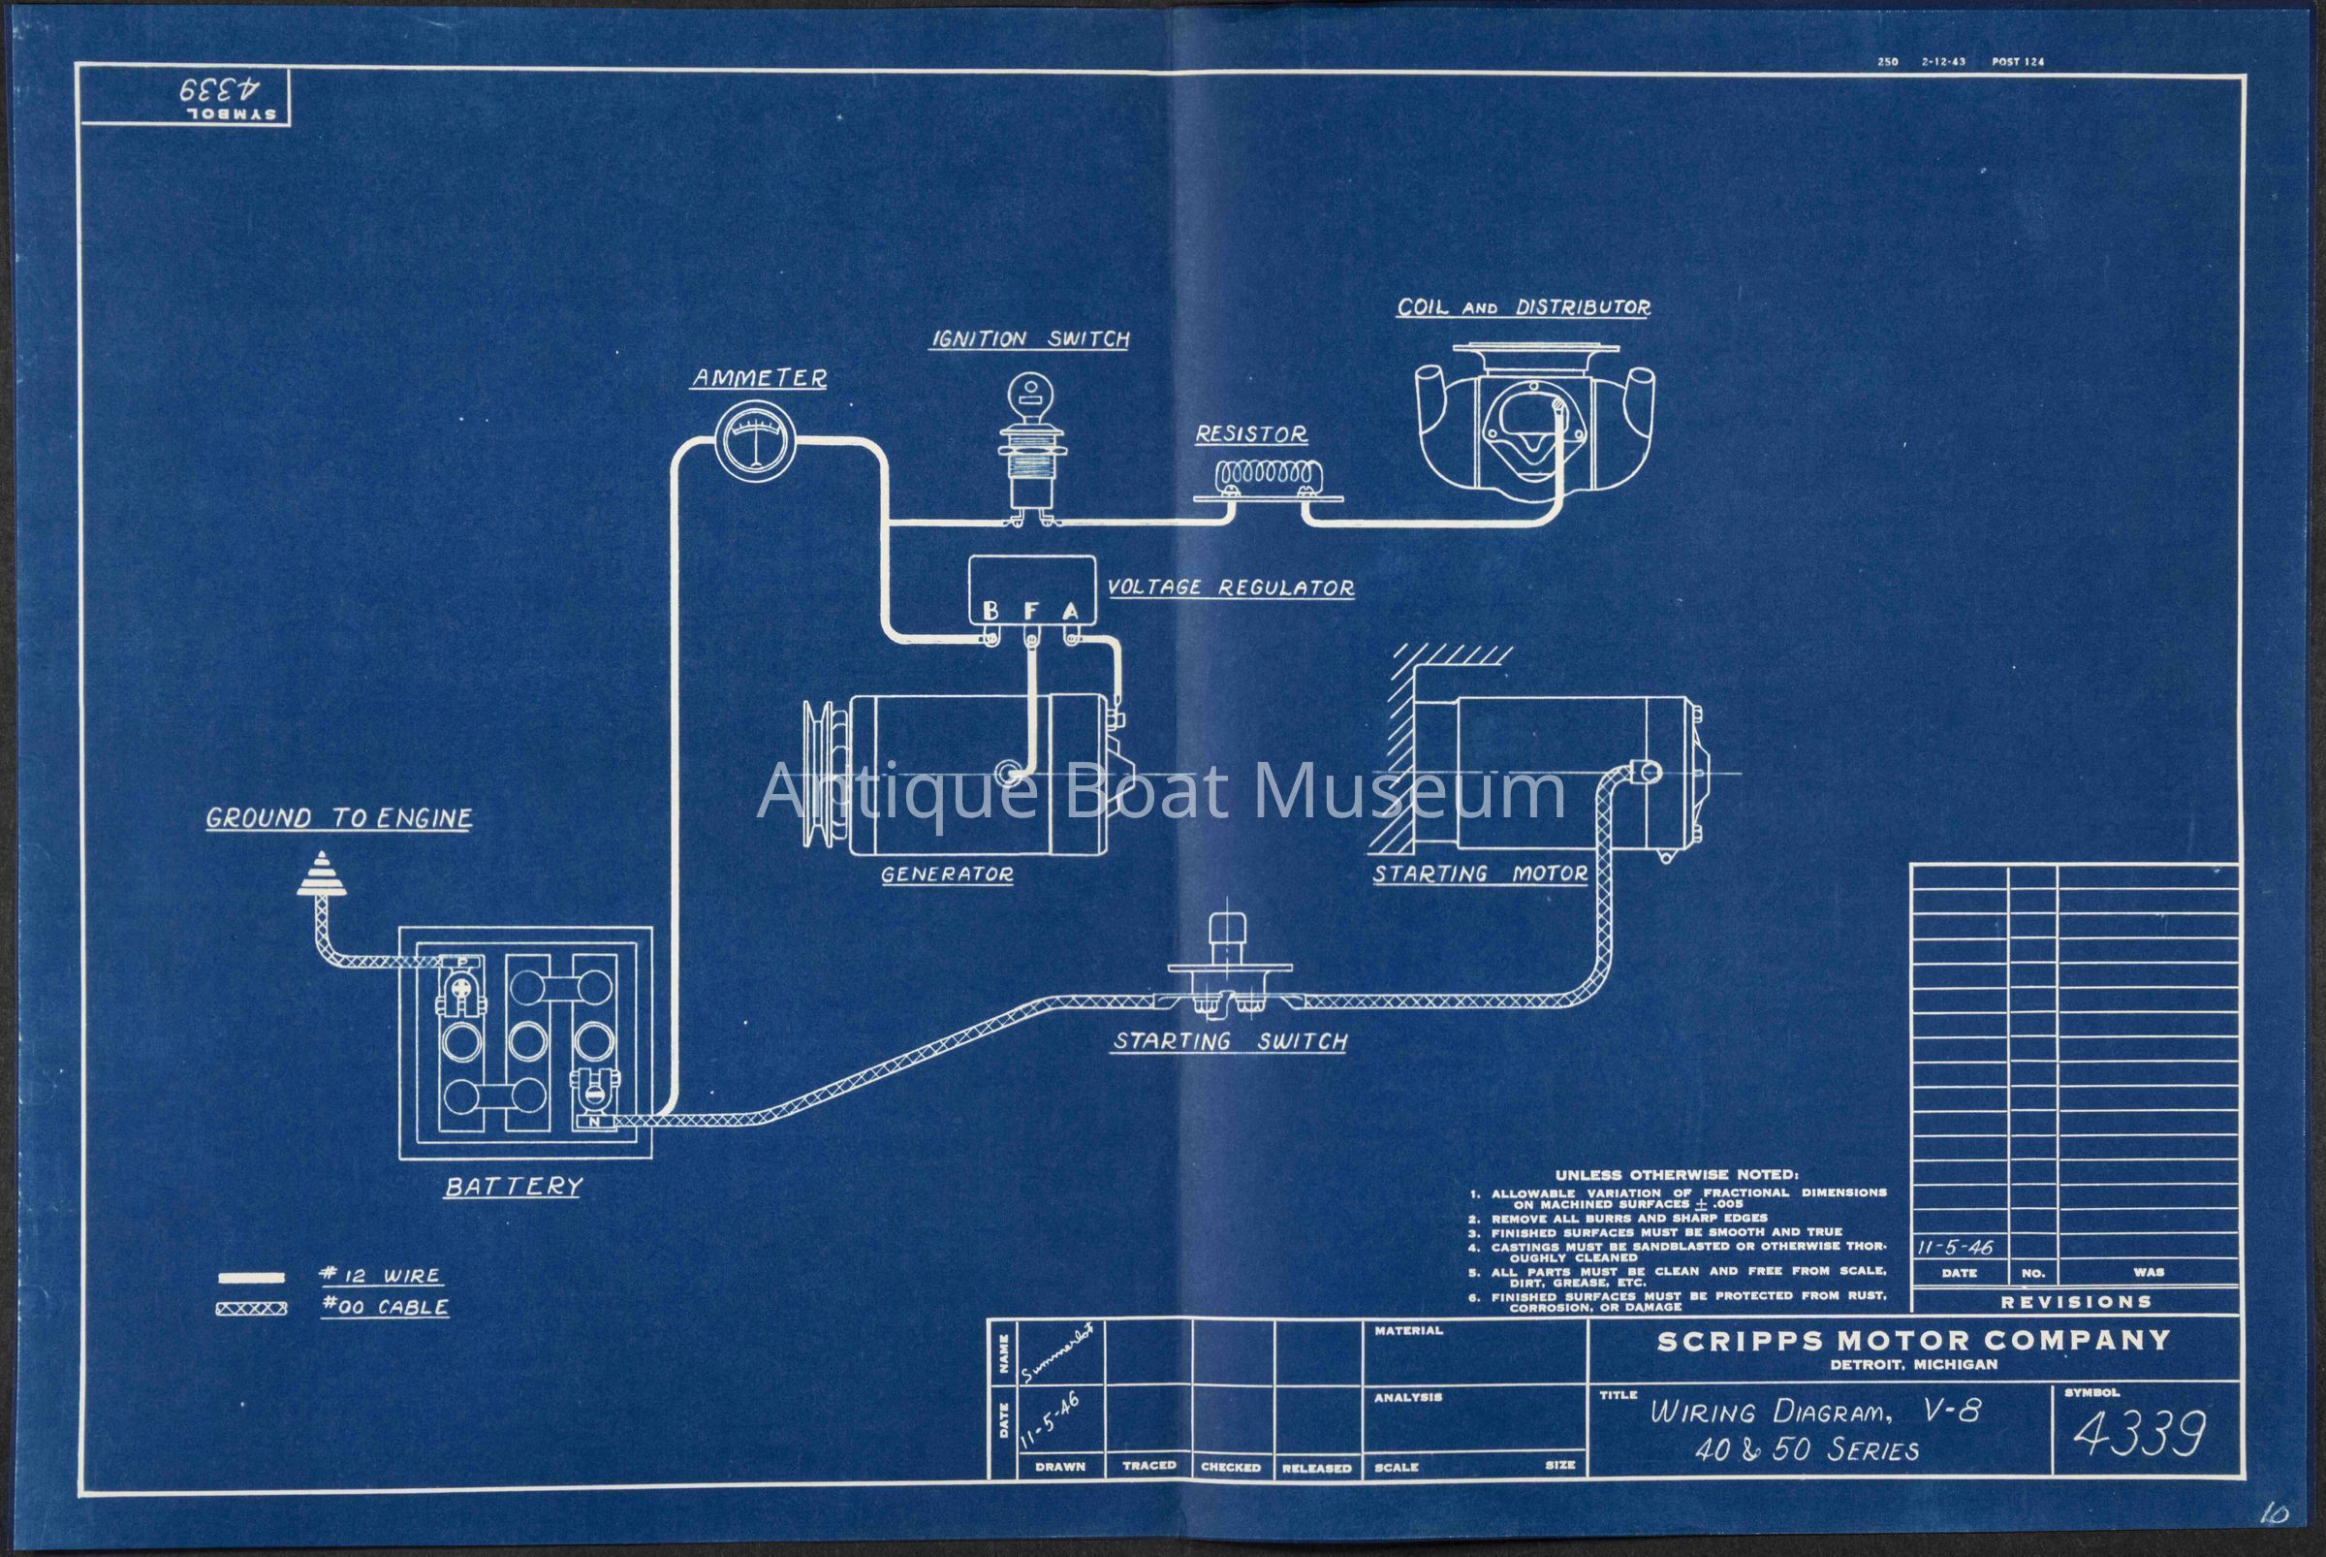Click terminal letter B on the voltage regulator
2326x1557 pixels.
[x=990, y=611]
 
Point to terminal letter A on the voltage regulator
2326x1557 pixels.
[x=1070, y=611]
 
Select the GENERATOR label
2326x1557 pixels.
[x=946, y=874]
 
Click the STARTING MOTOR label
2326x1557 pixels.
[x=1479, y=874]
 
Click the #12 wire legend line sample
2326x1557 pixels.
[x=250, y=1277]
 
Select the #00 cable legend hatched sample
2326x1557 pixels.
[x=250, y=1309]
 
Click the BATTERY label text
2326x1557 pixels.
[x=513, y=1186]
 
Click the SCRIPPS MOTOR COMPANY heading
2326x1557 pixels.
[x=1912, y=1341]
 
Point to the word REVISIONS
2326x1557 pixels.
[x=2075, y=1302]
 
